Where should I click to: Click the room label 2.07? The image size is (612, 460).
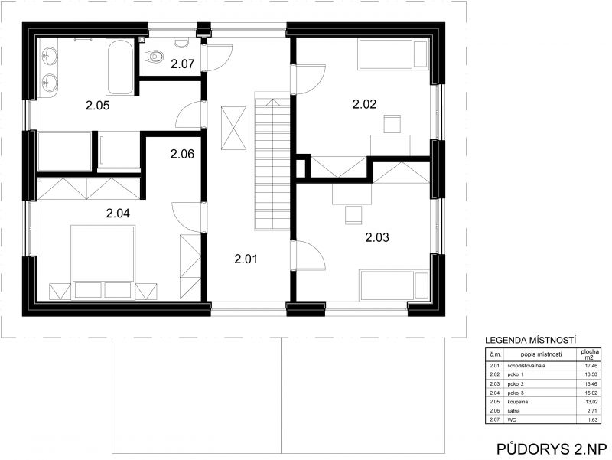[x=182, y=64]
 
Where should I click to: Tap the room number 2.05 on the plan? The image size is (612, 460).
[x=98, y=105]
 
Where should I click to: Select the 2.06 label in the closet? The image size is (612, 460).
[x=182, y=154]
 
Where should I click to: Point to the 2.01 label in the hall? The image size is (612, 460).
[x=246, y=259]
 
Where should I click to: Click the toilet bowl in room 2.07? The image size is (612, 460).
[x=155, y=56]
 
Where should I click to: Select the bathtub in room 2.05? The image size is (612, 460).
[x=120, y=66]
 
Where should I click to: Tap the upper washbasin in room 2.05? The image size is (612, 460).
[x=50, y=57]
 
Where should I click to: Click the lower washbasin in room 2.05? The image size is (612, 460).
[x=50, y=82]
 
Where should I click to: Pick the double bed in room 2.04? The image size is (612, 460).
[x=103, y=263]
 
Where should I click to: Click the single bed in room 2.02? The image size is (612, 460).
[x=393, y=54]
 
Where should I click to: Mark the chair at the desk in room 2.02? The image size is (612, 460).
[x=392, y=124]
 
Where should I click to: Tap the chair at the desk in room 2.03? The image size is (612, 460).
[x=353, y=215]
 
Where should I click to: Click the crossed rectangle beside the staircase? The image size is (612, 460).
[x=234, y=128]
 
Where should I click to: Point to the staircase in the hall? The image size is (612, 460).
[x=272, y=161]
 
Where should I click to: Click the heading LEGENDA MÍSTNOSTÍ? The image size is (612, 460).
[x=530, y=340]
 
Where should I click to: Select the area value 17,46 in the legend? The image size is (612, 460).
[x=591, y=366]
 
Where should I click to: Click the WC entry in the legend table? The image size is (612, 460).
[x=511, y=420]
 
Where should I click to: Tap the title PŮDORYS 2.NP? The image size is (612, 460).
[x=552, y=449]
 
